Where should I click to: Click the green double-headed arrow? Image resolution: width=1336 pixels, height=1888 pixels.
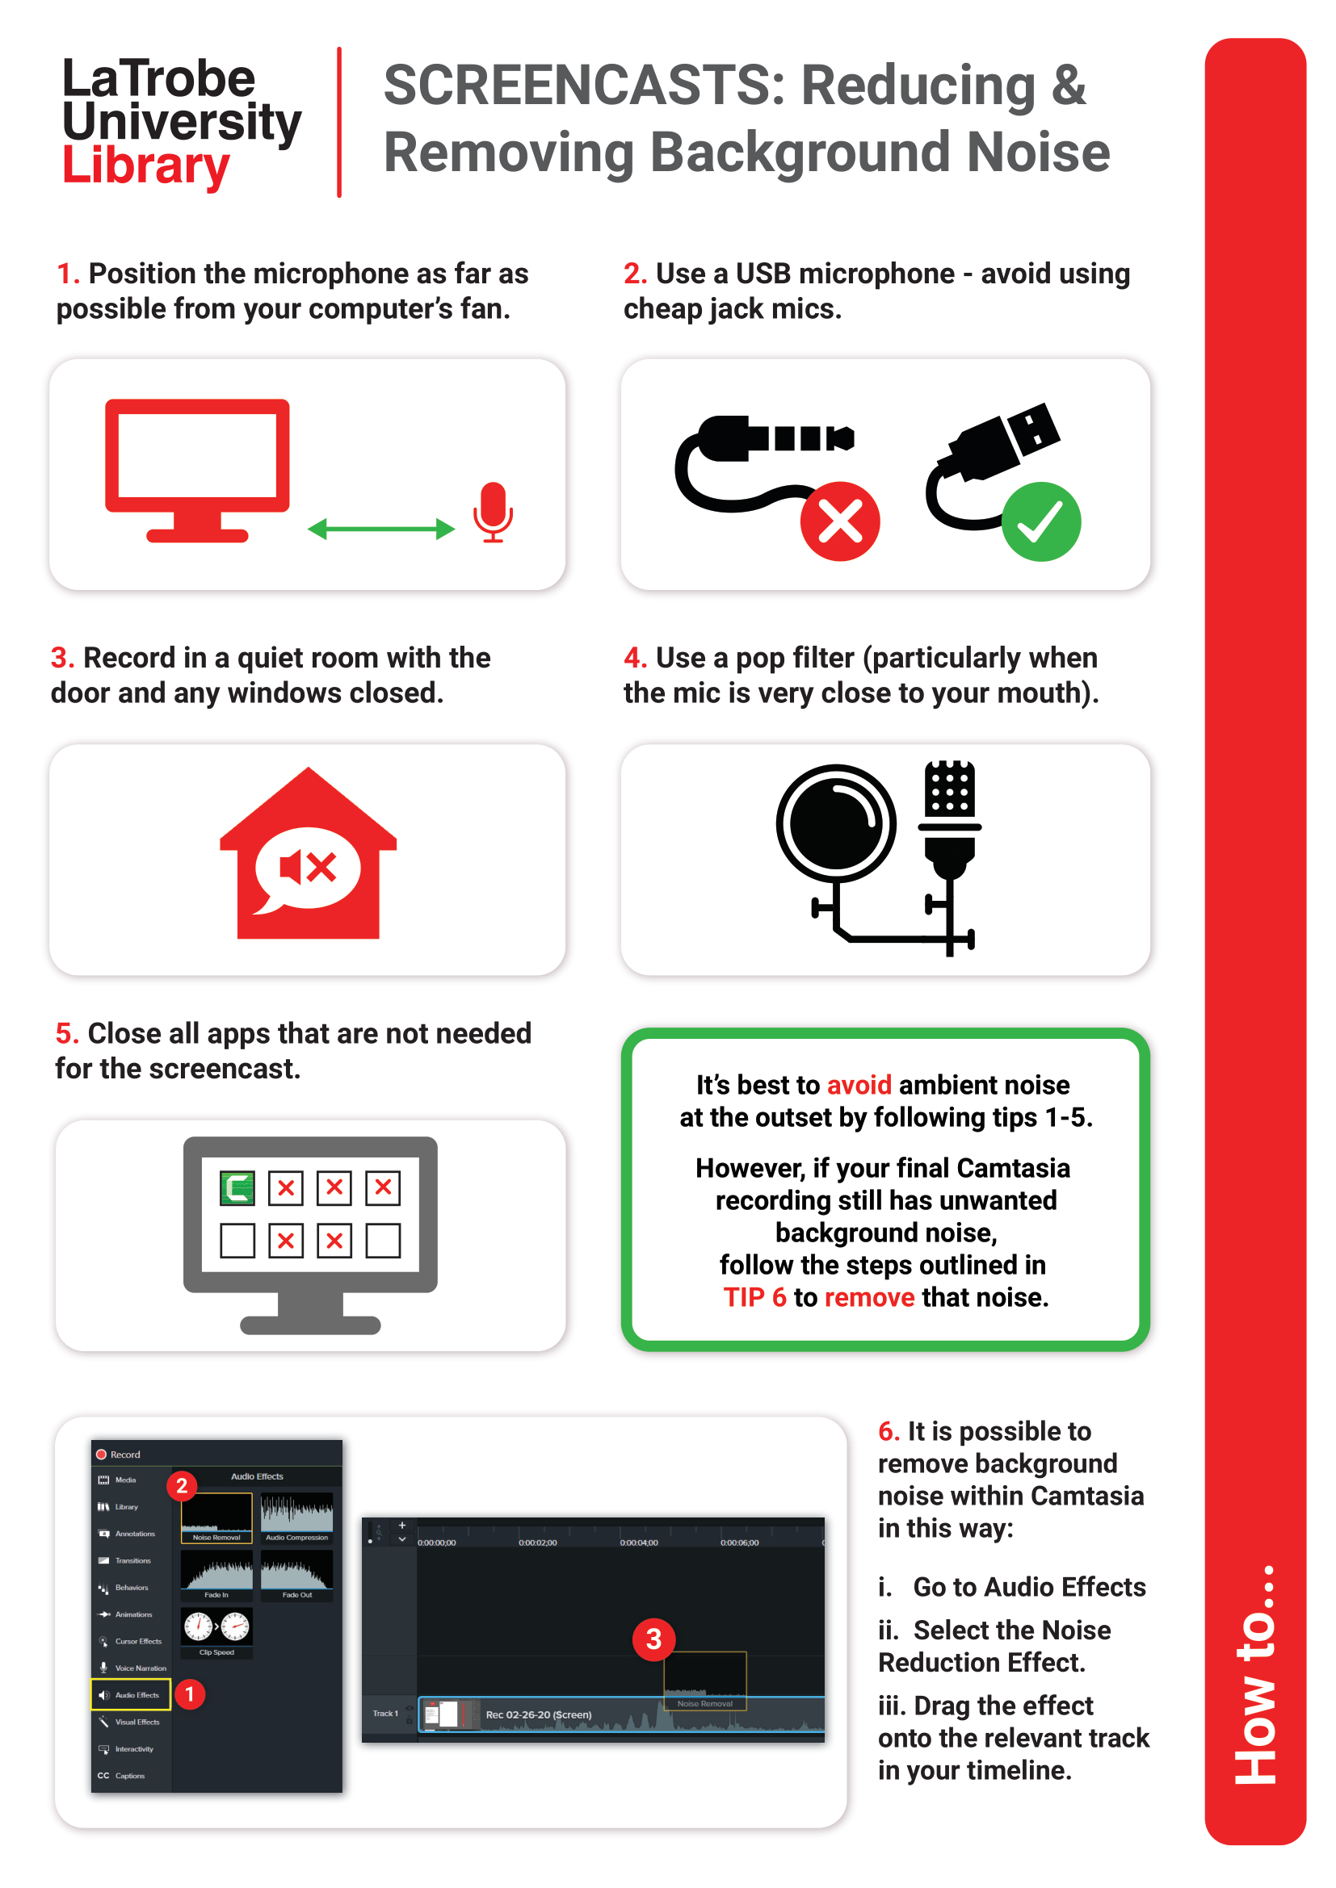(381, 529)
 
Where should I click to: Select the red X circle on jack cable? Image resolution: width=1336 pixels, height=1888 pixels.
(840, 521)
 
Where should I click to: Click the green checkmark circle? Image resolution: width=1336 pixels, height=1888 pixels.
(1040, 521)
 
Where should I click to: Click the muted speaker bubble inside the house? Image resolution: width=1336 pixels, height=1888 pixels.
(308, 868)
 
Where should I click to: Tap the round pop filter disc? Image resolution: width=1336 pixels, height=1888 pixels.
(835, 823)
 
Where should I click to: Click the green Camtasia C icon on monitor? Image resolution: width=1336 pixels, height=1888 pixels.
(237, 1187)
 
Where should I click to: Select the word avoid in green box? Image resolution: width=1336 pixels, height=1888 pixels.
(859, 1085)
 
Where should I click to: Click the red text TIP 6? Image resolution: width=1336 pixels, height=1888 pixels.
(754, 1297)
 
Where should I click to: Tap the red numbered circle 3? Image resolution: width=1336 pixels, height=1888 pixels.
(654, 1639)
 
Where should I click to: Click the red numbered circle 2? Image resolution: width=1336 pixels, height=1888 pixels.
(182, 1486)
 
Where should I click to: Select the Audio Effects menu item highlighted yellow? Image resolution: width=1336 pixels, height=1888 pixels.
(131, 1695)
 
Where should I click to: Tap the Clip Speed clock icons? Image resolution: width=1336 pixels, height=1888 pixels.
(216, 1626)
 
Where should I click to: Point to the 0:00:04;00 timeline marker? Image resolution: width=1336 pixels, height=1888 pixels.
(638, 1543)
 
